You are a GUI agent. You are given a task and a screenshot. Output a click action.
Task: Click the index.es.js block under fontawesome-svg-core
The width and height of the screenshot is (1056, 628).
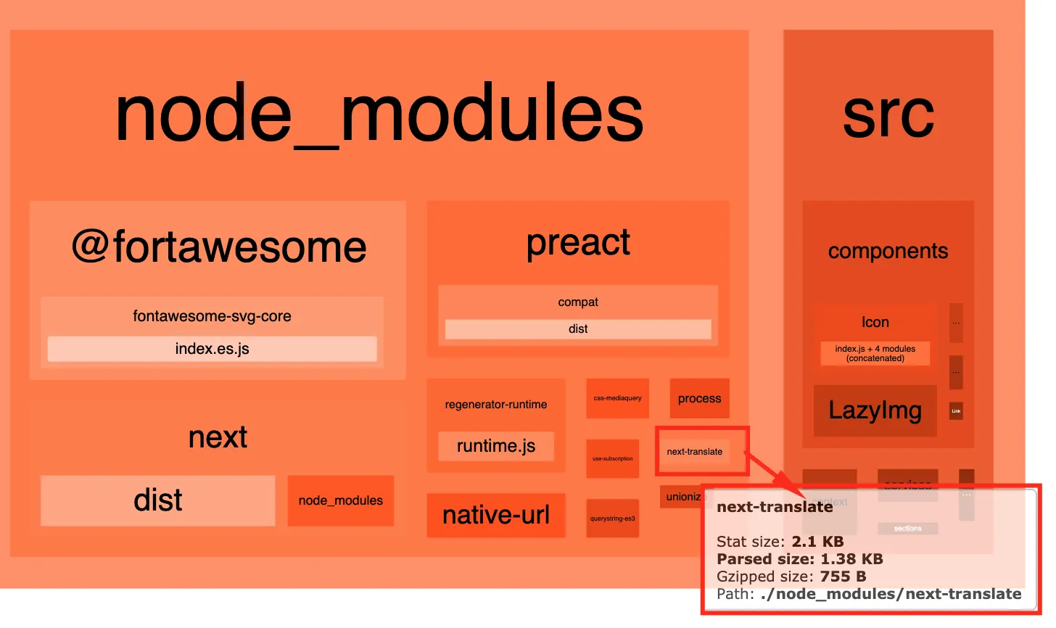click(x=212, y=349)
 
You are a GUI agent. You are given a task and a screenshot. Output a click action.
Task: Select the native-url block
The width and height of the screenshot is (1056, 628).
click(x=496, y=516)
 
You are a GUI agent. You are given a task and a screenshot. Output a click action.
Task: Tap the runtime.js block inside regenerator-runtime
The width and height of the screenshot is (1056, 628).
click(x=496, y=446)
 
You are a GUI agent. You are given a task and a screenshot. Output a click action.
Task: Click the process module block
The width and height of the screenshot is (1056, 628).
click(x=699, y=398)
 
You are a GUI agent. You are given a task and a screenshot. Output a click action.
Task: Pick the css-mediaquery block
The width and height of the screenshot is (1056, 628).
click(x=617, y=398)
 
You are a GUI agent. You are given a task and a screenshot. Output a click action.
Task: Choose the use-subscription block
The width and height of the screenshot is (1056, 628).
click(x=613, y=459)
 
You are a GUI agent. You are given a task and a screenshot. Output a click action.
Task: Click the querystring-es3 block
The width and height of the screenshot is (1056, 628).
click(x=613, y=518)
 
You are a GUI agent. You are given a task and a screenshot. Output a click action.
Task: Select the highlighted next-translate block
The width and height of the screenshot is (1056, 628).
click(x=694, y=452)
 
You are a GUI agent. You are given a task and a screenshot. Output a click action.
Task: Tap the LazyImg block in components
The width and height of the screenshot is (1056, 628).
click(x=875, y=410)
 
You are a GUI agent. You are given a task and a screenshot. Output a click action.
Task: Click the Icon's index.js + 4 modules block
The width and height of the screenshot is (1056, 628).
click(x=875, y=353)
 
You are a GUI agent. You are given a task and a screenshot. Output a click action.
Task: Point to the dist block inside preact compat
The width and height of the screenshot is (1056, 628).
click(x=578, y=329)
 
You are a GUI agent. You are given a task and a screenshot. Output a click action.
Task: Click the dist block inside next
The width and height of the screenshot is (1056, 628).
click(x=158, y=500)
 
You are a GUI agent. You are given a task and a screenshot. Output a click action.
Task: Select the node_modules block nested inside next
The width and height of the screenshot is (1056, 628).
click(x=341, y=500)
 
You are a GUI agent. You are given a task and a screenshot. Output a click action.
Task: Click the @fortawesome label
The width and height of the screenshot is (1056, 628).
click(x=218, y=247)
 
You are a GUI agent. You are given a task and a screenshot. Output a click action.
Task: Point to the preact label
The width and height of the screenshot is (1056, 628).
click(x=578, y=242)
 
